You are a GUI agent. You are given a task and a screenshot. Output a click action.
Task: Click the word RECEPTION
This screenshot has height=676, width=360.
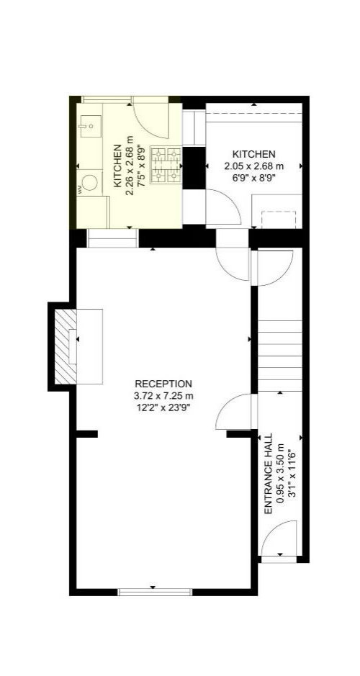tap(163, 384)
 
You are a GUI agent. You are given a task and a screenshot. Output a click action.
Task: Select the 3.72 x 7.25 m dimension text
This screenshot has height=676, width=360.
tap(163, 395)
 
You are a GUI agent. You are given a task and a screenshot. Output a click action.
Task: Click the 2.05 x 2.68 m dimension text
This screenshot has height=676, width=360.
tap(253, 166)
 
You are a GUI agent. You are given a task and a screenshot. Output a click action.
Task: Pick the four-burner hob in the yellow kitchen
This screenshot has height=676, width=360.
tap(166, 164)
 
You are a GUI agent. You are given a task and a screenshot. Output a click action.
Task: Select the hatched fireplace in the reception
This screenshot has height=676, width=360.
tap(66, 346)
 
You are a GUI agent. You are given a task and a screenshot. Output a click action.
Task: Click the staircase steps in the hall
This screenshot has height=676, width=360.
tap(280, 356)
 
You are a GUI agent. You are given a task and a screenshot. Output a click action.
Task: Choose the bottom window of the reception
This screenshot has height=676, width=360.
tap(155, 592)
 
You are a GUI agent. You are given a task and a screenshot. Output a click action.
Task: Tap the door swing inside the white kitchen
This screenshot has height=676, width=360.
tap(223, 207)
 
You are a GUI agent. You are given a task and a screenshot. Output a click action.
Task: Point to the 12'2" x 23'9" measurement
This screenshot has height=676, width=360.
tap(163, 407)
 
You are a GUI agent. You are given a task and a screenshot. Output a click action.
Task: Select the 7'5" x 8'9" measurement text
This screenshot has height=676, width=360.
tap(140, 165)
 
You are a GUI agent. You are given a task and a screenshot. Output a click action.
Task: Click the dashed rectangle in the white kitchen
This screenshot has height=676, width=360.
tap(279, 220)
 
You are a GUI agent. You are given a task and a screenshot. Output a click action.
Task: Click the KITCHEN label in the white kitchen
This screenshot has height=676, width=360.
tap(253, 154)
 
